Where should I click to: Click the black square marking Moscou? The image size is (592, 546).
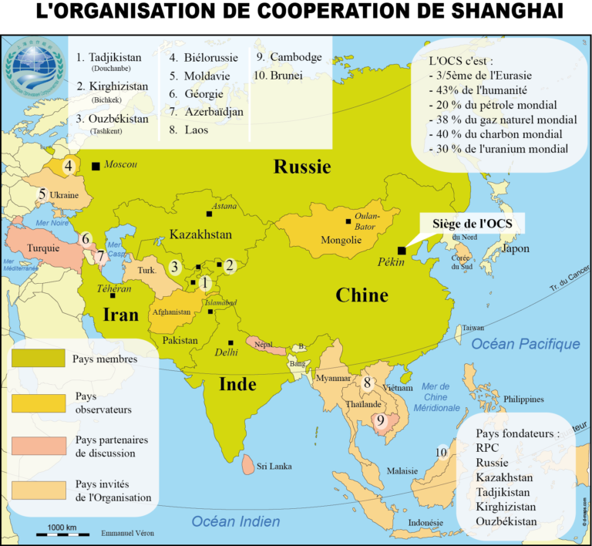[95, 166]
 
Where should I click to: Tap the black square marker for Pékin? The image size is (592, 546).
[401, 251]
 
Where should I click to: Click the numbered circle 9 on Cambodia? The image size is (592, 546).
[380, 420]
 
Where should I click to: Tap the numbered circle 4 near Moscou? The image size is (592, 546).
[69, 166]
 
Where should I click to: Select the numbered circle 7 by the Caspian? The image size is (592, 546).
[100, 256]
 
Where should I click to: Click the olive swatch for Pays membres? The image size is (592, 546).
[37, 358]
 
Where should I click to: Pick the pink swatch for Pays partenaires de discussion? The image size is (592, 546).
[37, 446]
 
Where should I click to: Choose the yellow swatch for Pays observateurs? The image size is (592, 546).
[37, 402]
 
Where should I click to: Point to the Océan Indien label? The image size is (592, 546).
[236, 521]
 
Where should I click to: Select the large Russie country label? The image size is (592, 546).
[303, 167]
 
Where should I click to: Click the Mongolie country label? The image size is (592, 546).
[341, 240]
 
